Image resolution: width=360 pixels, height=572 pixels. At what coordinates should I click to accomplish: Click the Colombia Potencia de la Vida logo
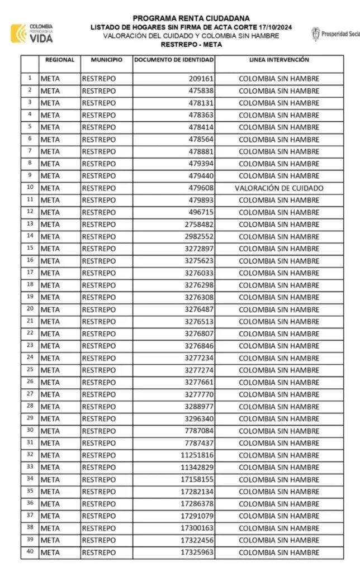pos(32,34)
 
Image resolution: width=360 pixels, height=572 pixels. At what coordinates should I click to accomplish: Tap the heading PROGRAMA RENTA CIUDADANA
pos(191,18)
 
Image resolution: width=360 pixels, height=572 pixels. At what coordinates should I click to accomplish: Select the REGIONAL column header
pos(60,60)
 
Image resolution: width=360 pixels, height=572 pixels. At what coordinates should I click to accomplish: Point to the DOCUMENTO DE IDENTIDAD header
pos(174,60)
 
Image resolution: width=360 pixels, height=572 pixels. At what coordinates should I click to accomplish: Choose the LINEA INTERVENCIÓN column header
pos(279,60)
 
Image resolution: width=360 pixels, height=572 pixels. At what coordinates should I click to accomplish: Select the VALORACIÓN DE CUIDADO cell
pos(279,188)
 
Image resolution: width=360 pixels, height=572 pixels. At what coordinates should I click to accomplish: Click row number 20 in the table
pos(30,309)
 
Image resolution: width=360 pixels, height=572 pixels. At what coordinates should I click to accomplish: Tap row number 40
pos(30,552)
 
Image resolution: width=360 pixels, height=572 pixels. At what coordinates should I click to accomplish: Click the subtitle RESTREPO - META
pos(191,45)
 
